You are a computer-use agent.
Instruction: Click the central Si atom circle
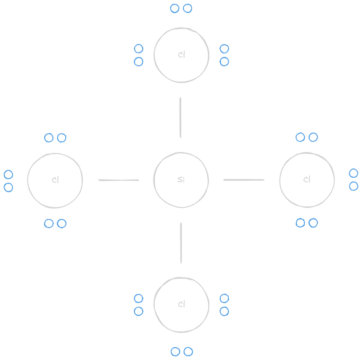point(154,180)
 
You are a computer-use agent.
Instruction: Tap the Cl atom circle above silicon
point(154,55)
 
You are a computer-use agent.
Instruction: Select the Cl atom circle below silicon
point(154,305)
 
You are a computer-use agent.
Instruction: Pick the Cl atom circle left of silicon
point(28,180)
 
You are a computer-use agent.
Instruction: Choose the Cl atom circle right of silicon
point(280,180)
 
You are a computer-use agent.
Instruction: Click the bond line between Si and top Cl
point(180,117)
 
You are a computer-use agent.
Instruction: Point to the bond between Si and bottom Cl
point(181,243)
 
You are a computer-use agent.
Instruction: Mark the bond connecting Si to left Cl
point(119,180)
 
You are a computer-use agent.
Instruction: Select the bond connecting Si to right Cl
point(244,180)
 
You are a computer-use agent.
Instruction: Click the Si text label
point(181,179)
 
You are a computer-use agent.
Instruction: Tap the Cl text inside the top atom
point(182,55)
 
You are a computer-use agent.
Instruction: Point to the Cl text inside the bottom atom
point(182,304)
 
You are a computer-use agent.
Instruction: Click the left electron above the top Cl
point(174,8)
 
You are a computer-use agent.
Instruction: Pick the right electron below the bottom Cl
point(188,352)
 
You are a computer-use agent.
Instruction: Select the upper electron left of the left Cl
point(8,175)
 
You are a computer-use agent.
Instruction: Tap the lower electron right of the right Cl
point(354,186)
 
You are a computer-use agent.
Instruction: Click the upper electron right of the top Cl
point(224,49)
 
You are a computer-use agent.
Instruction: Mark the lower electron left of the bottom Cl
point(138,311)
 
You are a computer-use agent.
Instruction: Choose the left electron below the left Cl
point(49,223)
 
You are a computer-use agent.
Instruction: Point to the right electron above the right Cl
point(313,137)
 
